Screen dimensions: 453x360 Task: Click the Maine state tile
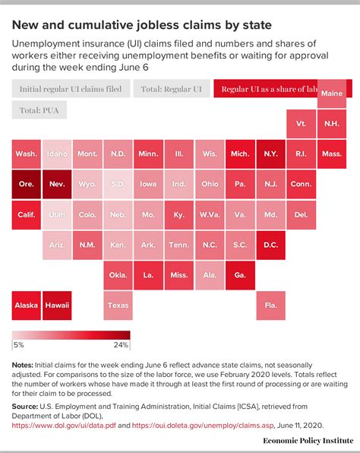pos(332,93)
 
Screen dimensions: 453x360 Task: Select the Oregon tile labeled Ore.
pos(27,184)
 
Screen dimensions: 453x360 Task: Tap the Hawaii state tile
pos(57,305)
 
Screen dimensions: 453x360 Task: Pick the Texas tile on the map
pos(118,305)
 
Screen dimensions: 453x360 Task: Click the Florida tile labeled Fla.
pos(270,305)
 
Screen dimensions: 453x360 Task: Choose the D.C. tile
pos(270,245)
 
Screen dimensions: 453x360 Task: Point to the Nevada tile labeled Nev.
pos(57,184)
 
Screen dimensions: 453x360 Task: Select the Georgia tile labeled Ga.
pos(240,275)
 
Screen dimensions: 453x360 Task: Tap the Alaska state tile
pos(27,305)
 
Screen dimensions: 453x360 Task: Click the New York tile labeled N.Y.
pos(270,154)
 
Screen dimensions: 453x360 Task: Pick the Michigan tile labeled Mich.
pos(240,154)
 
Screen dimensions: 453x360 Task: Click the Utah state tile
pos(57,214)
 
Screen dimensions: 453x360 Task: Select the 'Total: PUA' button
pos(39,111)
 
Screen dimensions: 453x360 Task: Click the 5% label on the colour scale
pos(18,345)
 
